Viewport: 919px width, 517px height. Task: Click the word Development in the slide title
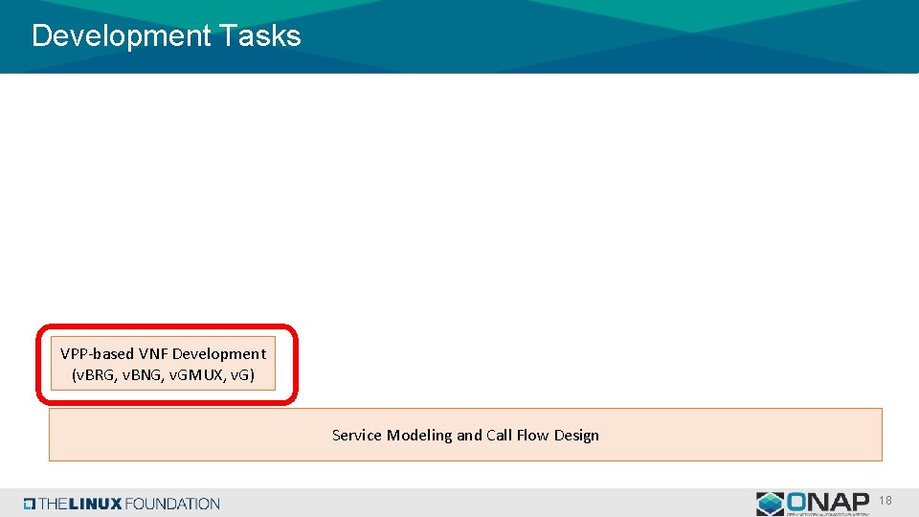tap(121, 36)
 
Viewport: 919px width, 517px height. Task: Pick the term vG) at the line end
tap(242, 374)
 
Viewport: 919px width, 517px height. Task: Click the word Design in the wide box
tap(576, 436)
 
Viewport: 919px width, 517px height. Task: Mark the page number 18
tap(885, 500)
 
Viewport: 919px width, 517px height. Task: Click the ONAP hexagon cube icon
tap(770, 504)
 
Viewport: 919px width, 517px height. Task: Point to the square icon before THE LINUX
tap(31, 504)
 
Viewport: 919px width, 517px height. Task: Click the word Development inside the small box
tap(219, 353)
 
